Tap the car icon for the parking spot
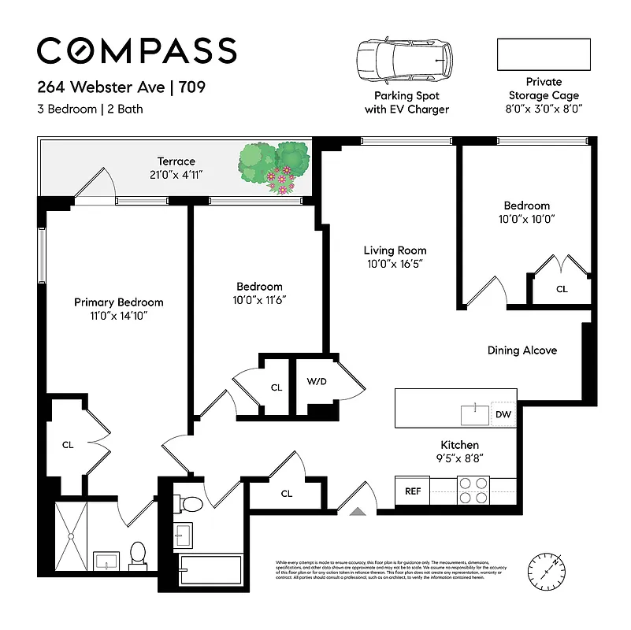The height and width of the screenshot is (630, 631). pos(404,57)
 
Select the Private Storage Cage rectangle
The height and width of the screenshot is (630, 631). pos(543,54)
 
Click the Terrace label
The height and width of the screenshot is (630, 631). pos(176,161)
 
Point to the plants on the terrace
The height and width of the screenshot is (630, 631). pos(275,165)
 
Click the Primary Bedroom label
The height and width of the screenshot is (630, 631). pos(118,302)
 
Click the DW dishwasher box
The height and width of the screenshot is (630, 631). pos(503,414)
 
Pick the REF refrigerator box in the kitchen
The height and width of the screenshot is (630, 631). pos(412,491)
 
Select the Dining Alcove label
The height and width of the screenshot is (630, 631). pos(522,350)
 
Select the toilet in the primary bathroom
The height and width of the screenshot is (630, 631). pos(138,554)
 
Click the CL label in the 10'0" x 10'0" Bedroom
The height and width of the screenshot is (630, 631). pos(562,289)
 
